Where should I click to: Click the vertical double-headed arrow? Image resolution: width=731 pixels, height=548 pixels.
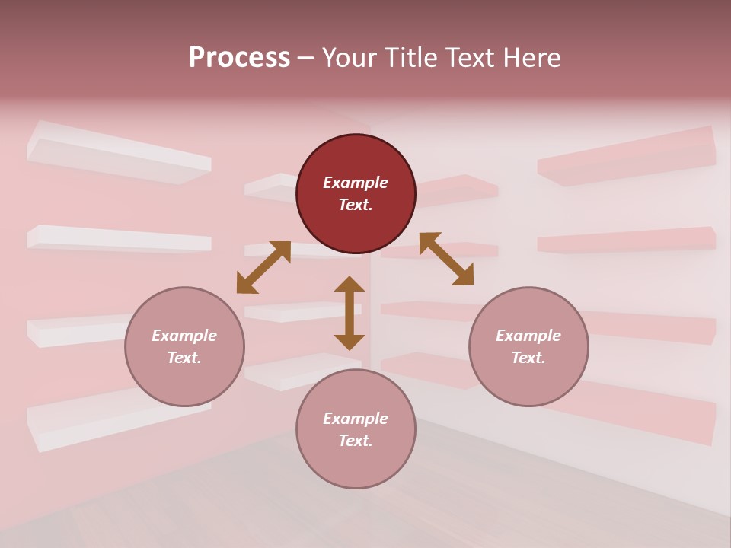[x=350, y=313]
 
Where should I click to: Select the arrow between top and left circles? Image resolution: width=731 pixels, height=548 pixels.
[x=263, y=267]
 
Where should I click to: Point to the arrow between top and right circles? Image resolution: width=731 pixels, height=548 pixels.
[x=446, y=259]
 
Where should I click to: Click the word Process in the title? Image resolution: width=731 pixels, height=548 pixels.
[x=239, y=58]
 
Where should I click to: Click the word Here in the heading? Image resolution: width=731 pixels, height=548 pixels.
[x=531, y=58]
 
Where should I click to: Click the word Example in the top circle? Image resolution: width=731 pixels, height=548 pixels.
[x=356, y=183]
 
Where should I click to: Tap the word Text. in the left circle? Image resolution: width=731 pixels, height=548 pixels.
[x=184, y=358]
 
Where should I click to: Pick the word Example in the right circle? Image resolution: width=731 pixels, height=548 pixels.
[x=528, y=336]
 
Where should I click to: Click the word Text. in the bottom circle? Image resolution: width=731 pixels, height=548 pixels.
[x=356, y=441]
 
